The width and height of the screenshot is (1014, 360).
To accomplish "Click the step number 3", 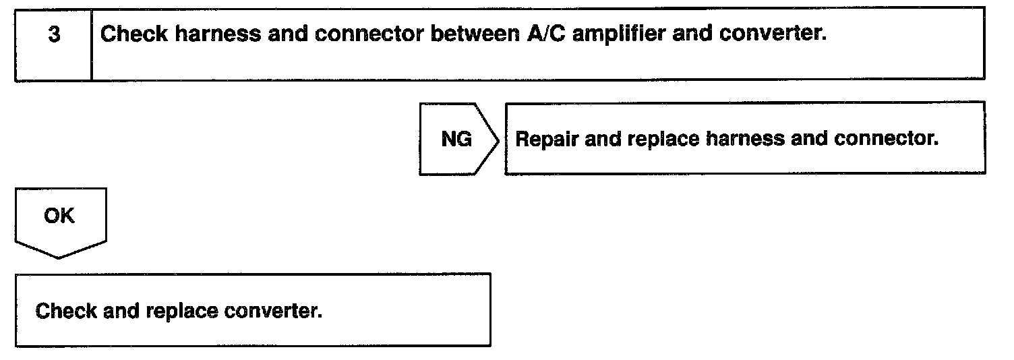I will [x=53, y=35].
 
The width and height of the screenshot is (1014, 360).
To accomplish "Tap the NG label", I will [x=456, y=139].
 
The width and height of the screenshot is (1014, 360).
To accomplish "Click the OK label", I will [x=59, y=216].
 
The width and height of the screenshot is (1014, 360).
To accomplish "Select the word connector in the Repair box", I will [x=886, y=139].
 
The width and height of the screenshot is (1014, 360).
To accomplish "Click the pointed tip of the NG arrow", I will [x=499, y=139].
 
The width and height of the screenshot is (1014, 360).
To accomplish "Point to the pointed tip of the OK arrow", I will [x=59, y=258].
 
